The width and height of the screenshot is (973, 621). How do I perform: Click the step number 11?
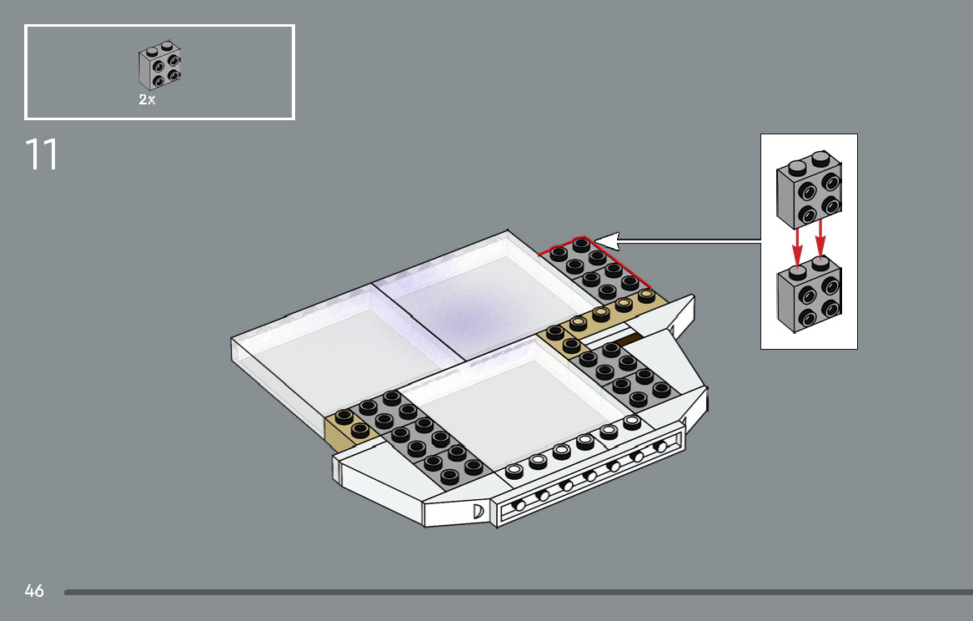point(42,155)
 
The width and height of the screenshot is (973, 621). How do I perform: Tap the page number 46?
point(34,591)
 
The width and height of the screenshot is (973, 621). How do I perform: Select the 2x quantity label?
point(147,99)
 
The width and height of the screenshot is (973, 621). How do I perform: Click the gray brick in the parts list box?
point(160,65)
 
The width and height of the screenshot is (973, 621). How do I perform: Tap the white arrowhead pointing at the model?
point(607,242)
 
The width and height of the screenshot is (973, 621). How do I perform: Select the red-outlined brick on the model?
point(595,268)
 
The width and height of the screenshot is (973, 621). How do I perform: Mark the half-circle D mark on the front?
point(479,511)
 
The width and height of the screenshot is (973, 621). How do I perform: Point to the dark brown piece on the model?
point(627,339)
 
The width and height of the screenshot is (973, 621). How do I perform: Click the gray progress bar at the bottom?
point(517,592)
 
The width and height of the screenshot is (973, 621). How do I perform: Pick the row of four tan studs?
point(612,310)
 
